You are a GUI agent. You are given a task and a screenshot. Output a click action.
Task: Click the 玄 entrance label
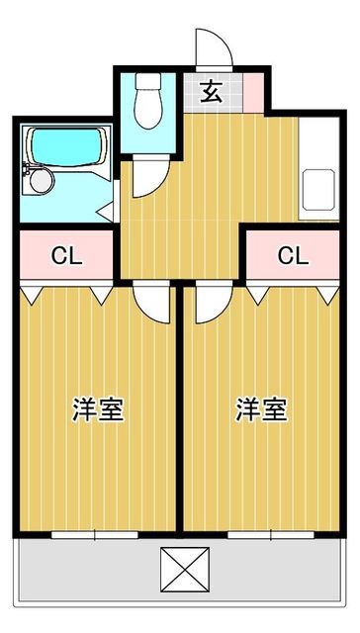211,93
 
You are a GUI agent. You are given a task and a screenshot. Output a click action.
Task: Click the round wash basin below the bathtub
42,180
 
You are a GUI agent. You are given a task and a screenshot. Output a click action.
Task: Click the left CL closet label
66,256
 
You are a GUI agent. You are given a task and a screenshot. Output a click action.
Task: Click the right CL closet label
292,256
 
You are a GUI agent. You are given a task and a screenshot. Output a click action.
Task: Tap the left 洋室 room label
99,409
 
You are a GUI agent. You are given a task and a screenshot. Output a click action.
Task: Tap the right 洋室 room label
262,409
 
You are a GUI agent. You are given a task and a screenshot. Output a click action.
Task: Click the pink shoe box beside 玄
252,93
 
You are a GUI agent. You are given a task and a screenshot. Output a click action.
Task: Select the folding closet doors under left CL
66,292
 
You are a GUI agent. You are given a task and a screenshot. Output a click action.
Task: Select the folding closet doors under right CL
292,292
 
